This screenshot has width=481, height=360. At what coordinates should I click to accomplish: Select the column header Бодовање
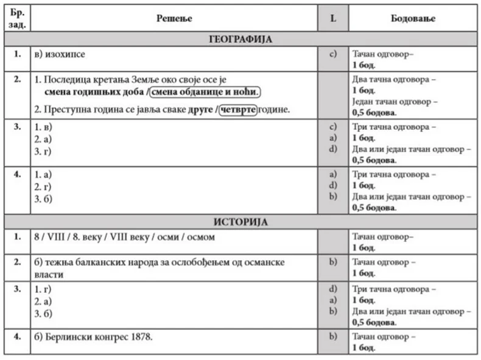[x=412, y=18]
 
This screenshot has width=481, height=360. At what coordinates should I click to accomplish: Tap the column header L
[x=332, y=18]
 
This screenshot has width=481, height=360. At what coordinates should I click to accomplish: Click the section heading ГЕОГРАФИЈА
[x=240, y=40]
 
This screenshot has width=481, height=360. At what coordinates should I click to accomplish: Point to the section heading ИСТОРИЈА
[x=240, y=222]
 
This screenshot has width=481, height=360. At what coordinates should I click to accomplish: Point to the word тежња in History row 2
[x=63, y=261]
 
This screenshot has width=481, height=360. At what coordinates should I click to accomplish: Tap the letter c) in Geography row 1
[x=332, y=54]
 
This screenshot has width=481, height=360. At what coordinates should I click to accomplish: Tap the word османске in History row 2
[x=261, y=261]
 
